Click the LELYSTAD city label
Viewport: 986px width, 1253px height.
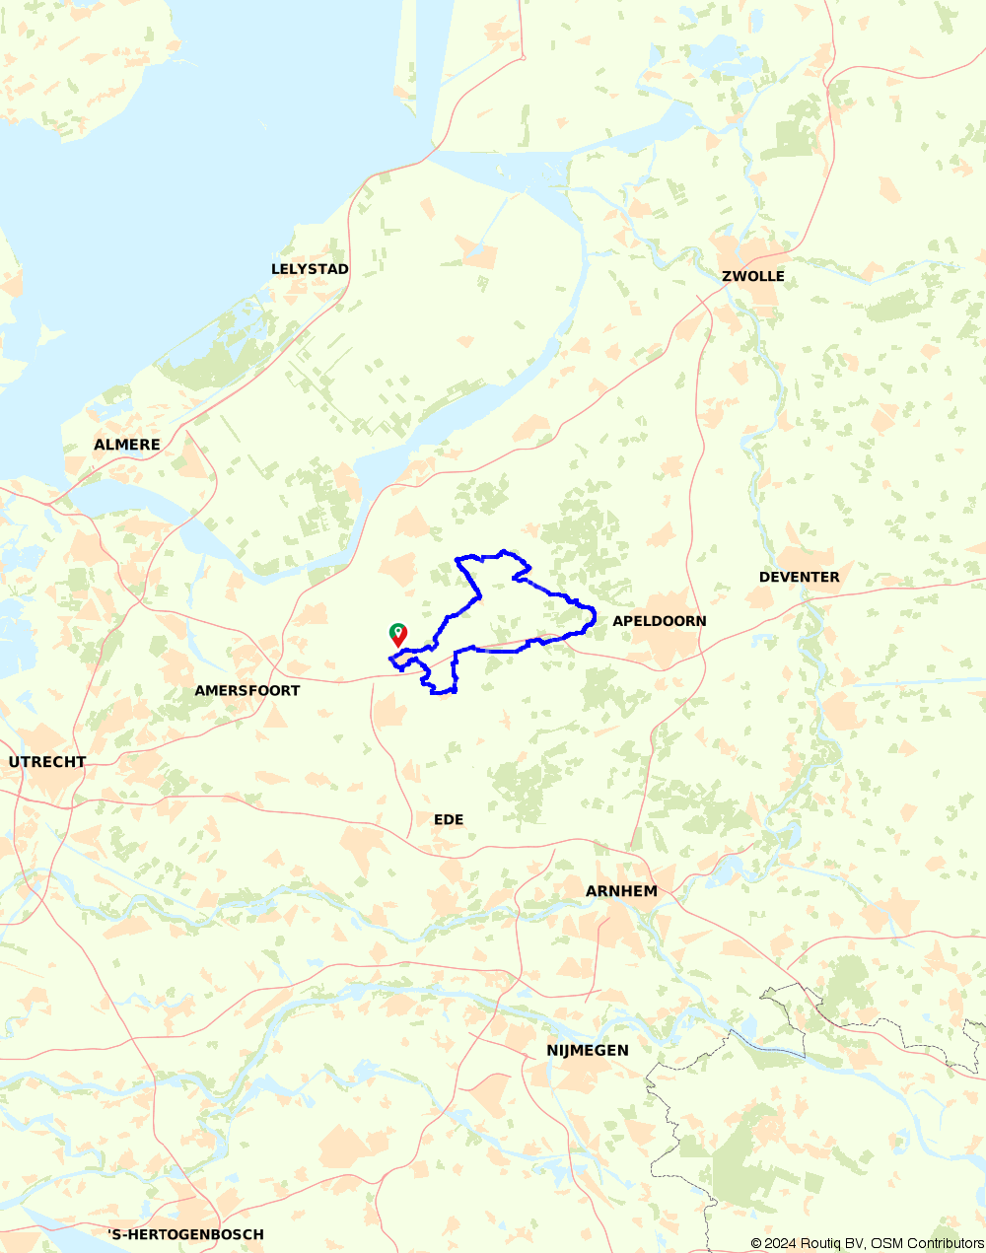pyautogui.click(x=310, y=269)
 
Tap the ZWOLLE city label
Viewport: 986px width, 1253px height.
pyautogui.click(x=753, y=276)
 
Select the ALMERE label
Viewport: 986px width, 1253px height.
pyautogui.click(x=127, y=445)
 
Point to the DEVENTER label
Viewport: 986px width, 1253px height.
pyautogui.click(x=799, y=577)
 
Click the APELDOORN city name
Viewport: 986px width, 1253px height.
pyautogui.click(x=660, y=621)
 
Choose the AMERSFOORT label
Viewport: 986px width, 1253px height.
pyautogui.click(x=247, y=690)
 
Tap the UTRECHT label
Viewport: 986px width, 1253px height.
pyautogui.click(x=47, y=762)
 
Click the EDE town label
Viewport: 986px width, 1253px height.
pyautogui.click(x=449, y=819)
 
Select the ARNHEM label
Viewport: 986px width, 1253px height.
pyautogui.click(x=621, y=891)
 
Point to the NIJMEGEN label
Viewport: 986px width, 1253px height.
pyautogui.click(x=588, y=1050)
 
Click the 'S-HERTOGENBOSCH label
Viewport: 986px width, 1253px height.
pyautogui.click(x=186, y=1234)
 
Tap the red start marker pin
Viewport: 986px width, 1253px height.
pyautogui.click(x=397, y=634)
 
